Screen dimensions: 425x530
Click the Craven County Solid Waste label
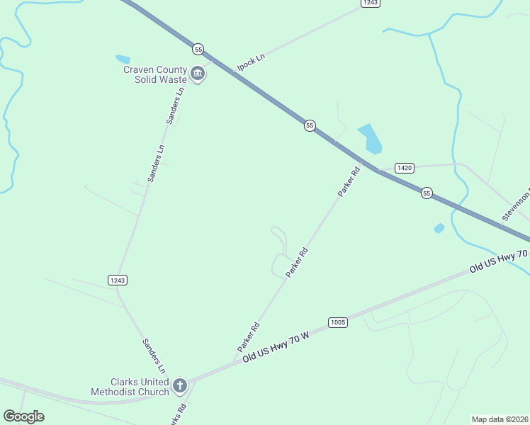[155, 74]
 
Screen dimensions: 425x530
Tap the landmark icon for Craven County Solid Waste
[198, 74]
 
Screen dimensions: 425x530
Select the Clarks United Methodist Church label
[130, 387]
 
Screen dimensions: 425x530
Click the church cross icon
[180, 386]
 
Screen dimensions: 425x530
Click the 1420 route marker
[404, 168]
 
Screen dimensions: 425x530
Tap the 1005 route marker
[338, 322]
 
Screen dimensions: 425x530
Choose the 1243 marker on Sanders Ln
[118, 280]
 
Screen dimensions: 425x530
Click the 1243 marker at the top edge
[370, 3]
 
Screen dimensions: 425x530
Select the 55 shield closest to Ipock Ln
[198, 49]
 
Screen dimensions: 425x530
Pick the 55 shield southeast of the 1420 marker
[426, 193]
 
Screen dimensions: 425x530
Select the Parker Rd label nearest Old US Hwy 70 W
[249, 337]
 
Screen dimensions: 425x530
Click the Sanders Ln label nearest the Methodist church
[153, 356]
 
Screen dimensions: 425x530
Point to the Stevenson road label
[516, 205]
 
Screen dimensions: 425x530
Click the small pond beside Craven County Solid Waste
[123, 59]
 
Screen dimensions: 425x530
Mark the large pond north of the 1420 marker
[370, 138]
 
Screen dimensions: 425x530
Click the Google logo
[23, 416]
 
